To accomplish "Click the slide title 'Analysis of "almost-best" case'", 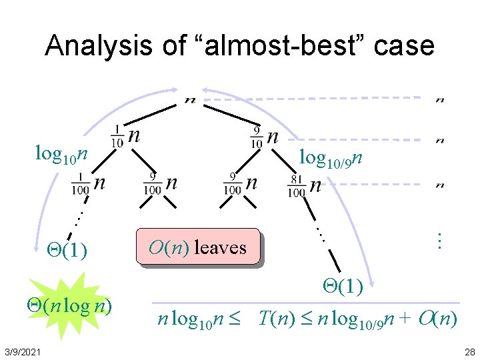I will click(240, 45).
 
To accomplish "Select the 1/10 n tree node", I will click(127, 137).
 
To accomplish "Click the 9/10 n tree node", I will click(265, 137).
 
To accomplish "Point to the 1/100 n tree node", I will click(90, 183).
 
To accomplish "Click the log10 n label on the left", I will click(61, 155).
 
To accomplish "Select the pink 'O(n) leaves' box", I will click(198, 248).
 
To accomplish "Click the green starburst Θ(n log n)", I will click(69, 306).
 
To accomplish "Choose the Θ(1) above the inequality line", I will click(343, 287).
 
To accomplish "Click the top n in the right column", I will click(440, 100).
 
